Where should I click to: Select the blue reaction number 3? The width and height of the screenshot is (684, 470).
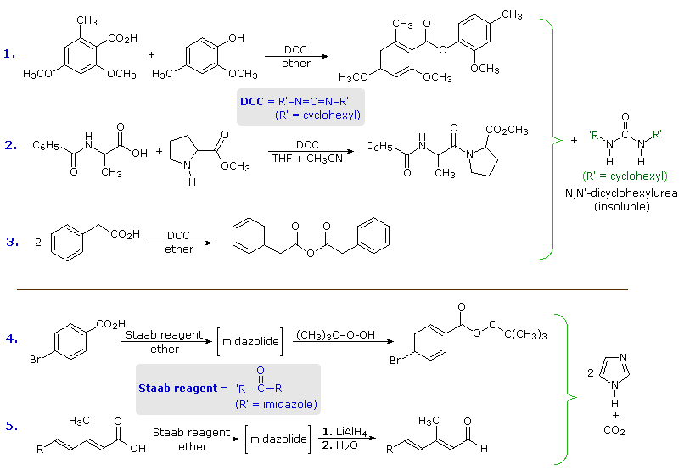pyautogui.click(x=11, y=241)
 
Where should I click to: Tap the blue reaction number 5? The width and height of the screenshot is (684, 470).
pyautogui.click(x=11, y=425)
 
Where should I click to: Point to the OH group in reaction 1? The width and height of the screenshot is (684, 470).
pyautogui.click(x=236, y=37)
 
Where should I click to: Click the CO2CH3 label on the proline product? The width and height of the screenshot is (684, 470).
pyautogui.click(x=507, y=131)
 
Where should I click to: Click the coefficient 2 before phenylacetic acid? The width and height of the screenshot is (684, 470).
pyautogui.click(x=38, y=242)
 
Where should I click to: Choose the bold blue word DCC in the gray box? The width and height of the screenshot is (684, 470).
pyautogui.click(x=252, y=101)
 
